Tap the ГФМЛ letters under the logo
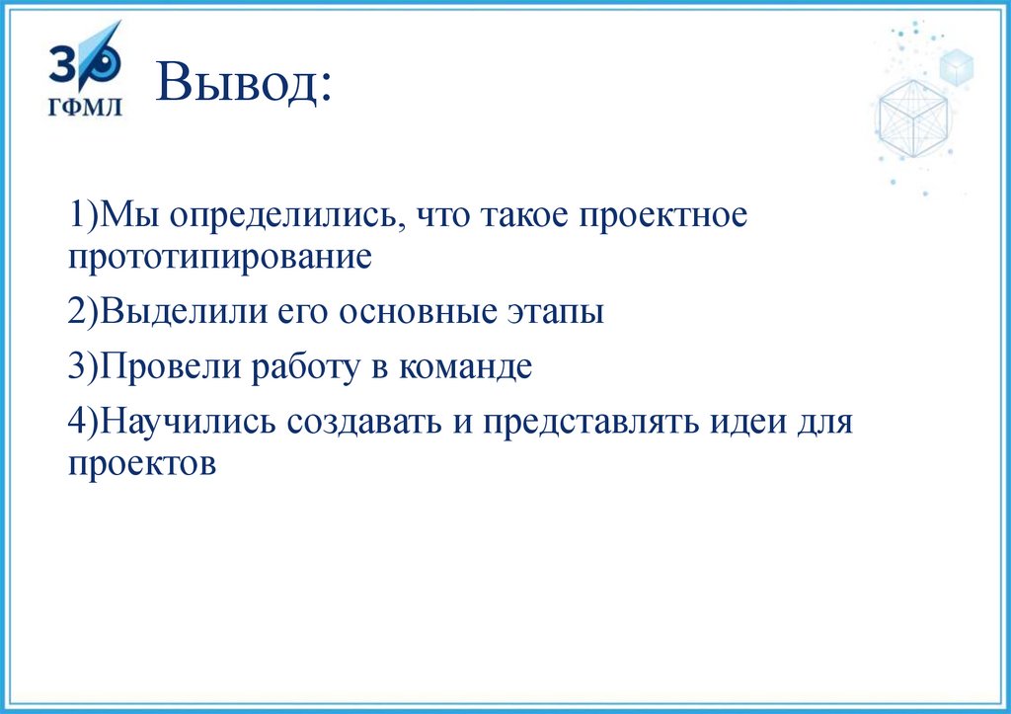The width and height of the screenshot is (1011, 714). [x=86, y=106]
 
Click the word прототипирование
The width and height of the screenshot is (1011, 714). [x=220, y=258]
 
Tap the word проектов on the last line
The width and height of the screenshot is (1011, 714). [x=141, y=463]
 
